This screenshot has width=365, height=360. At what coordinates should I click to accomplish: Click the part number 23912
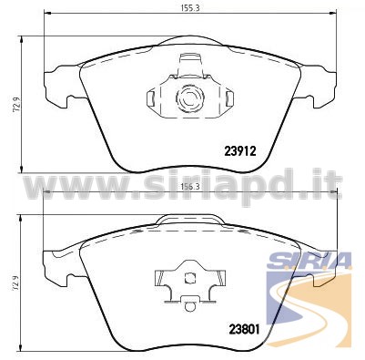point(240,151)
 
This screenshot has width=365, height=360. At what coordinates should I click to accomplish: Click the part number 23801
point(244,329)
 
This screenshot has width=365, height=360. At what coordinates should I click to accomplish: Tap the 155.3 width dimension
point(190,8)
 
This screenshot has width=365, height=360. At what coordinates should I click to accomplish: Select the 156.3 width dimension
point(190,187)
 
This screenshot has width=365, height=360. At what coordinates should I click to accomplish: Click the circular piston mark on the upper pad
point(189,98)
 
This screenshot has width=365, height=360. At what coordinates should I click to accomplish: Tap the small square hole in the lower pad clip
point(190,277)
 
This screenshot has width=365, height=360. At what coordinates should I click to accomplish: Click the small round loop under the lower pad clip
point(190,306)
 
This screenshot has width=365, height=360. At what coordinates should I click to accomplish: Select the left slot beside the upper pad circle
point(151,98)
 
